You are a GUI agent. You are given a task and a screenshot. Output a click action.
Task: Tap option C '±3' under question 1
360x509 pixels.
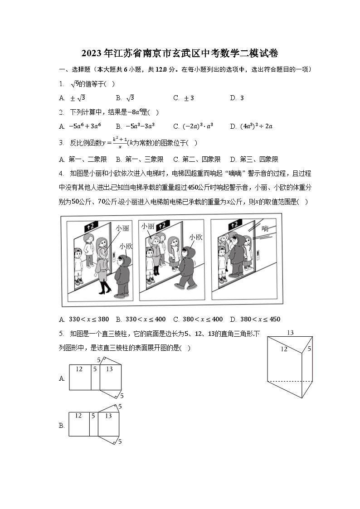click(x=186, y=98)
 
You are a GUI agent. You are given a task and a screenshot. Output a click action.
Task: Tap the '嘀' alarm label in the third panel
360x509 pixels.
click(x=265, y=228)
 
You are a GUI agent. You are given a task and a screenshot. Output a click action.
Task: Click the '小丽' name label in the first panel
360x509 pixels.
click(x=122, y=228)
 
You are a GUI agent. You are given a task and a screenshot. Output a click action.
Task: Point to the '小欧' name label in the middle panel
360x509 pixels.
click(x=196, y=237)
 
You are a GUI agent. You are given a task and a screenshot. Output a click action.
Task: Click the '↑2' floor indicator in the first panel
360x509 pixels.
click(x=91, y=225)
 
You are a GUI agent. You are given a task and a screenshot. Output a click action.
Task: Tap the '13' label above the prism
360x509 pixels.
click(x=290, y=333)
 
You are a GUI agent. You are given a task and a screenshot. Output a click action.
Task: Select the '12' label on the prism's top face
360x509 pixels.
click(x=284, y=349)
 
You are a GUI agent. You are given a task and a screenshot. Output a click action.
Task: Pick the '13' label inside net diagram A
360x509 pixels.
click(x=109, y=369)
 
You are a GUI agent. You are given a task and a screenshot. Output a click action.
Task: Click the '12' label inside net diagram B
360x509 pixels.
click(x=78, y=416)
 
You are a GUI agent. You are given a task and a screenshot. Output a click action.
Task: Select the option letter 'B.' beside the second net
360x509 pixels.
click(x=62, y=426)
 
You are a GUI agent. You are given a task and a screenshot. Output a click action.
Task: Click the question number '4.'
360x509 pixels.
click(x=61, y=174)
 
